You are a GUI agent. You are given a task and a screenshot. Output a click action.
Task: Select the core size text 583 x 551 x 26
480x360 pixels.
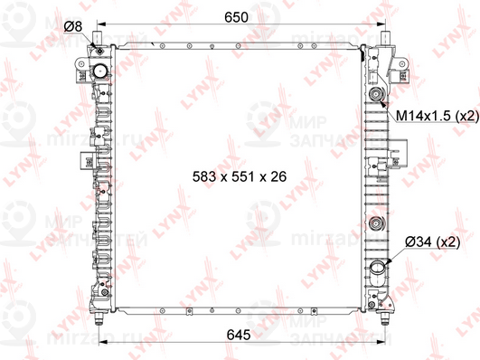(239, 177)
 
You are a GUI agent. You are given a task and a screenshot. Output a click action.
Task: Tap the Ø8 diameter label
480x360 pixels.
(74, 26)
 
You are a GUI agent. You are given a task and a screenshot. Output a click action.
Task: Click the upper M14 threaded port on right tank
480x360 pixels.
(375, 95)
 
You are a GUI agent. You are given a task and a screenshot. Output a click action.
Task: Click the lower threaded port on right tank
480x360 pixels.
(375, 225)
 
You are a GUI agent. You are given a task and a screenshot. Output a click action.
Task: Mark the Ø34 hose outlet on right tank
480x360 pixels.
(377, 268)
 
